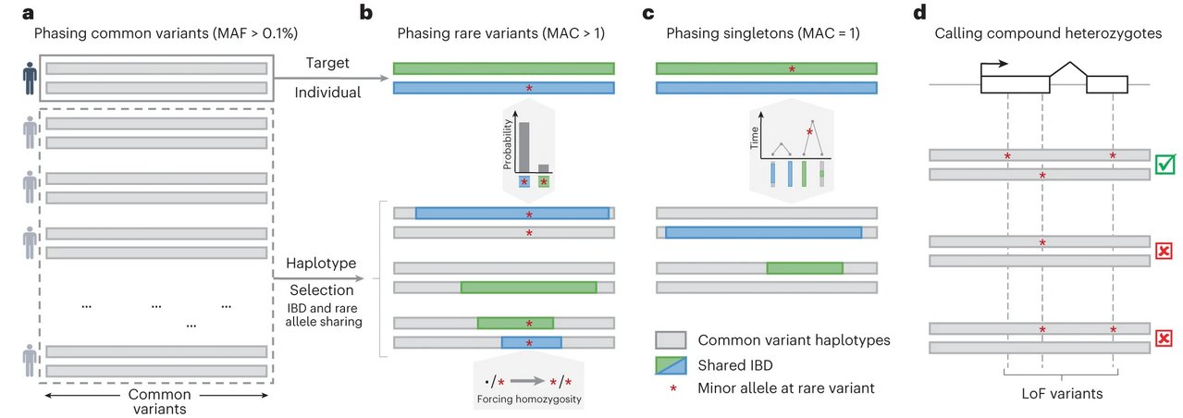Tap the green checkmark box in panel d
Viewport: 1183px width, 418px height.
point(1165,165)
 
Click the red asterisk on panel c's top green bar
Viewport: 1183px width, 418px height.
point(792,69)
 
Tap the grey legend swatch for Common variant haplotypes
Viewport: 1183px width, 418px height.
point(671,339)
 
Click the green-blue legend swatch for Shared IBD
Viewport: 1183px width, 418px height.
point(671,363)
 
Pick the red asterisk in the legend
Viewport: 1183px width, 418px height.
point(671,387)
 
